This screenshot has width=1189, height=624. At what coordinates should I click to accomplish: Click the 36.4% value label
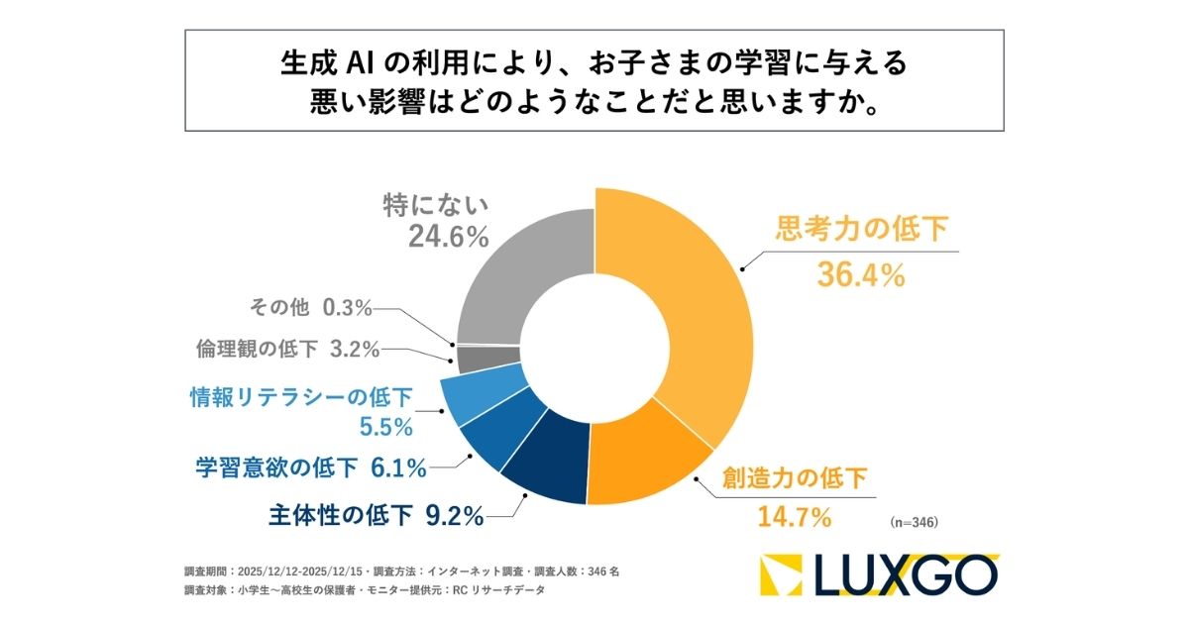point(860,274)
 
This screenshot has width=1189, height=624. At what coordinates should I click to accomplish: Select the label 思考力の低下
point(860,232)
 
